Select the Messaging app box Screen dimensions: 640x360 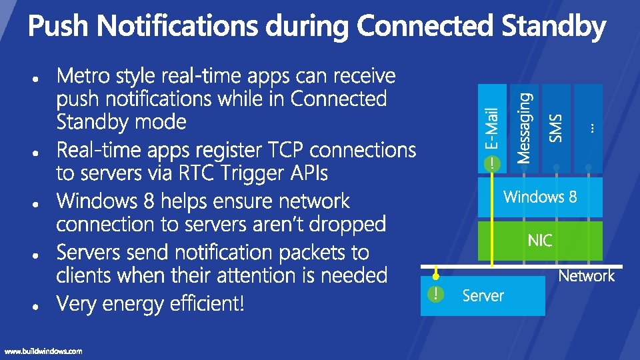click(524, 127)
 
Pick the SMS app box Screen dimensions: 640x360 click(556, 127)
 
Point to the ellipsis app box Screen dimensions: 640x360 click(588, 127)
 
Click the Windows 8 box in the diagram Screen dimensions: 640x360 click(540, 197)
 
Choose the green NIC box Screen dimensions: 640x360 click(540, 240)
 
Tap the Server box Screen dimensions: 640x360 click(483, 295)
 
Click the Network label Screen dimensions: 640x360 click(586, 276)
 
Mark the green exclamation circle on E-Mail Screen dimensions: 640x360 click(492, 163)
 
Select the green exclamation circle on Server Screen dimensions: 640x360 click(435, 294)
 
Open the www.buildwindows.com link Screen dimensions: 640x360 click(43, 351)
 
